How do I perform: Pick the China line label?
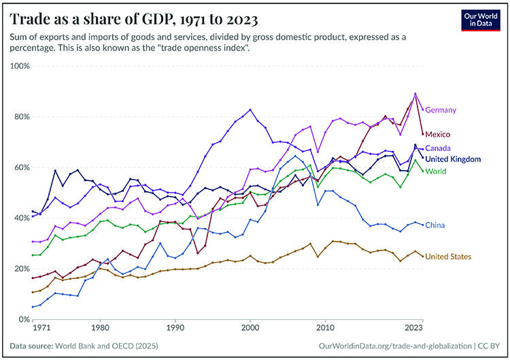[436, 225]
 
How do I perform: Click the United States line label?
[448, 257]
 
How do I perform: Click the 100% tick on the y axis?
[19, 66]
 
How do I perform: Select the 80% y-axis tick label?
[20, 117]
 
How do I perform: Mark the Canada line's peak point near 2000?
[250, 110]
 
